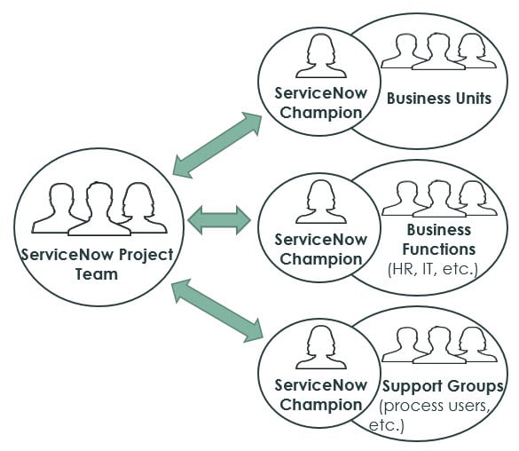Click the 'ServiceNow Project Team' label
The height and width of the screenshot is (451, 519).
click(97, 265)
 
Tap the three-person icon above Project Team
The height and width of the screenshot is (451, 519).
click(97, 210)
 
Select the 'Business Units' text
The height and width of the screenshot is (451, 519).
click(438, 99)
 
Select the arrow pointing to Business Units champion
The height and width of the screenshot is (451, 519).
click(217, 144)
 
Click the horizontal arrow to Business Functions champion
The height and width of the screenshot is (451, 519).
click(219, 218)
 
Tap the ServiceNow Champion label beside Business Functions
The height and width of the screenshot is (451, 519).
click(318, 249)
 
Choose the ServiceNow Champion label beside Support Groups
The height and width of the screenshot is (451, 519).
click(318, 395)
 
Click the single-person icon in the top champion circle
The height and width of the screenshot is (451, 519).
click(320, 55)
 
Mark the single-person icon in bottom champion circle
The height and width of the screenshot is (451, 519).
click(320, 347)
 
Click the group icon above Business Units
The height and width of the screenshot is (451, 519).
click(438, 51)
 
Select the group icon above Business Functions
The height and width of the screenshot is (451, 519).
click(438, 198)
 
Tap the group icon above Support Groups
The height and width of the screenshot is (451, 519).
click(438, 344)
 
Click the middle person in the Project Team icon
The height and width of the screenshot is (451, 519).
click(98, 208)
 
